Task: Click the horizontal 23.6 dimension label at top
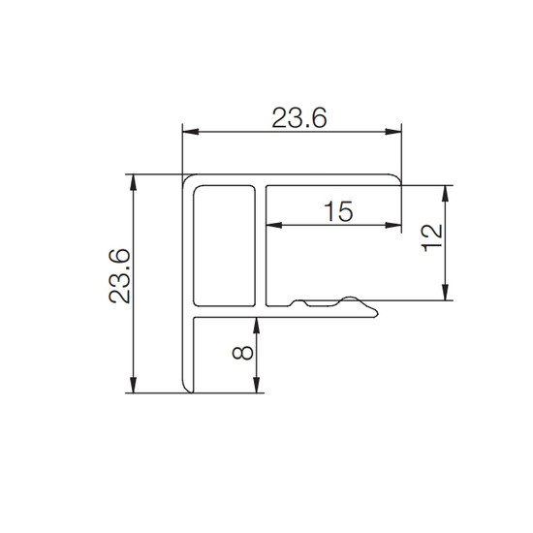tap(299, 117)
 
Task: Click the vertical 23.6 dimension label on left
tap(119, 276)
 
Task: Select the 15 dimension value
tap(338, 211)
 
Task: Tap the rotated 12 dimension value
tap(431, 237)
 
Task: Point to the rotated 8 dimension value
tap(242, 353)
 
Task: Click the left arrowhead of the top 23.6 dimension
tap(190, 132)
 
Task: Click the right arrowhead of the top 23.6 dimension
tap(393, 132)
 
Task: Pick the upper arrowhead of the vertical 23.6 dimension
tap(134, 182)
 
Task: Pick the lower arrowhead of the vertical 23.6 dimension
tap(134, 385)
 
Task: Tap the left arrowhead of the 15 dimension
tap(274, 225)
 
